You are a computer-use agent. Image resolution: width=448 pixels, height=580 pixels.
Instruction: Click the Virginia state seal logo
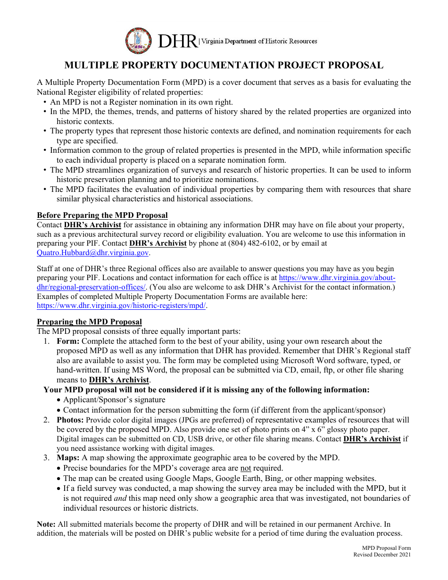click(x=139, y=41)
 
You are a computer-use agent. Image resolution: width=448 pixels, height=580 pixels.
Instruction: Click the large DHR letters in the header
click(x=177, y=41)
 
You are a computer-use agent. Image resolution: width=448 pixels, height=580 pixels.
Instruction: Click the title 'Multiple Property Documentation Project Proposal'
click(x=224, y=66)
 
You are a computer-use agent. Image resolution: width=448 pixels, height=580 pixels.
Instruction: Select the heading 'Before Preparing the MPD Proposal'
click(x=102, y=215)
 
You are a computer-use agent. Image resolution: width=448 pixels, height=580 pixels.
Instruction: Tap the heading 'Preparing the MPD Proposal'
click(x=89, y=322)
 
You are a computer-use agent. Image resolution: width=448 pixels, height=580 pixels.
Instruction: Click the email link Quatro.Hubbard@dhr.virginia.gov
click(x=93, y=253)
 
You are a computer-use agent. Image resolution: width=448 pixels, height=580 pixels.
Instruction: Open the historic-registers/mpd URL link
click(x=121, y=306)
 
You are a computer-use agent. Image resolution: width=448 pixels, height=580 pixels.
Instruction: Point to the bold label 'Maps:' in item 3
click(x=68, y=457)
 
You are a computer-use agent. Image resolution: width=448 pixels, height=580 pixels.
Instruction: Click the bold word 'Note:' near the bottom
click(x=46, y=524)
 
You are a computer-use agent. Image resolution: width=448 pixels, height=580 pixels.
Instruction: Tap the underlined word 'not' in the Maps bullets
click(x=246, y=468)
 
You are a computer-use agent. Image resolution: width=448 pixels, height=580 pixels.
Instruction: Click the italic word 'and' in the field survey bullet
click(x=120, y=498)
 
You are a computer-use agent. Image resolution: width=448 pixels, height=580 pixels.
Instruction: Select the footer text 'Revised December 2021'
click(x=382, y=555)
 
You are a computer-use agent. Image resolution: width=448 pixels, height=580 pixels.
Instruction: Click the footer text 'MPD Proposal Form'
click(x=386, y=548)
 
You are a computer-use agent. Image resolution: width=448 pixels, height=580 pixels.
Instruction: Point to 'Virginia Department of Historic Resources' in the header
click(x=259, y=41)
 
